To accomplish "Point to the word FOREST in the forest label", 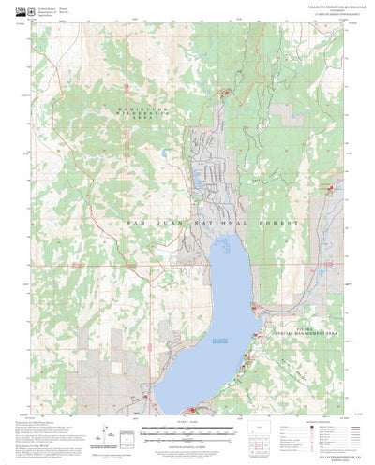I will (277, 225).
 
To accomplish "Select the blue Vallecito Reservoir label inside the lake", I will (215, 340).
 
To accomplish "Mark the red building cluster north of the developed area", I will (225, 92).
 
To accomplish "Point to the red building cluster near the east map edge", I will (330, 163).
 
